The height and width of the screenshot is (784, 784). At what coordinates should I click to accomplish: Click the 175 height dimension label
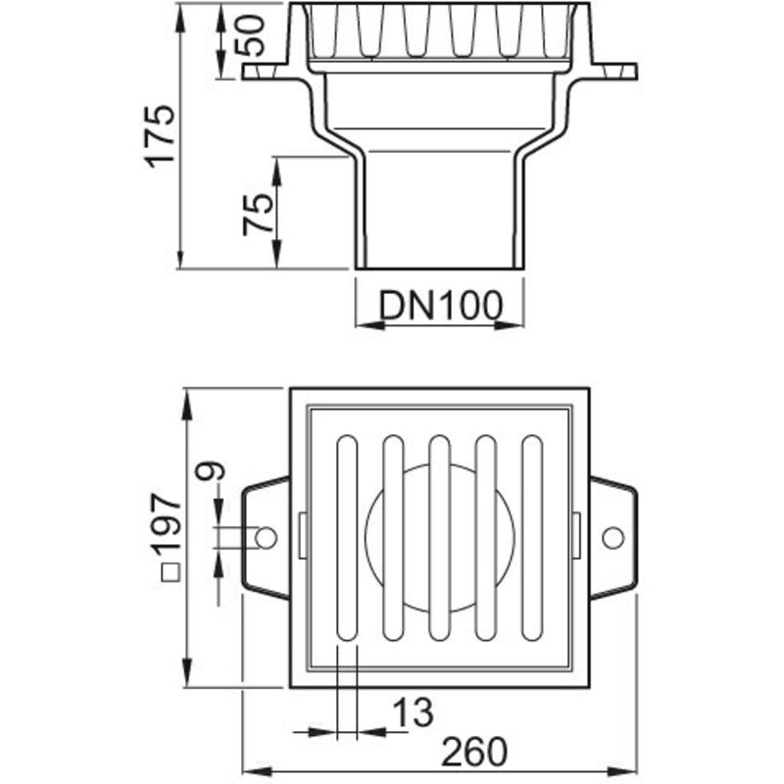coord(160,136)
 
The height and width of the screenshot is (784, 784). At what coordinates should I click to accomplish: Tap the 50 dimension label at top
coord(250,36)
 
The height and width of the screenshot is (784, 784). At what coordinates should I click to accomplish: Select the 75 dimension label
coord(258,215)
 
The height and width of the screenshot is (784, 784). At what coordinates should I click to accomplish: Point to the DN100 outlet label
coord(440,305)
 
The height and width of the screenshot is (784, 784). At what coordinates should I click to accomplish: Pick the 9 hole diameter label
coord(210,471)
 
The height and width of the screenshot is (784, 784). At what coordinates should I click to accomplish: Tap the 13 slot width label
coord(413,712)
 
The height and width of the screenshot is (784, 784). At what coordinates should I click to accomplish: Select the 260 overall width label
coord(474,751)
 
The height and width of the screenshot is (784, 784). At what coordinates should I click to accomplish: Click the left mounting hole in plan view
coord(266,538)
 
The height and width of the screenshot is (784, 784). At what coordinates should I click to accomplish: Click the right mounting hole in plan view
coord(613,538)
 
